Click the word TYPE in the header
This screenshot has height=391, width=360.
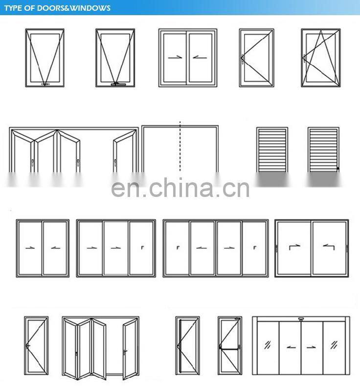(x=15, y=8)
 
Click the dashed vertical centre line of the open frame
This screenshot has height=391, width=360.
(x=180, y=147)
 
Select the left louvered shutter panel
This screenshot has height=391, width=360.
(x=272, y=149)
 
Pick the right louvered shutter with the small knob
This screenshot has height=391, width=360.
(x=323, y=149)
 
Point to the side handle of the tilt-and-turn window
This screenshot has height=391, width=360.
(x=304, y=58)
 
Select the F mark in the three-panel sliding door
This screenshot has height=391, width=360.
(x=142, y=248)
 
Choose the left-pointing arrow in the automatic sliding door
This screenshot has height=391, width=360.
(x=291, y=348)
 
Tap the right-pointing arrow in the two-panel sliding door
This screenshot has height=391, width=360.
(x=30, y=248)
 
